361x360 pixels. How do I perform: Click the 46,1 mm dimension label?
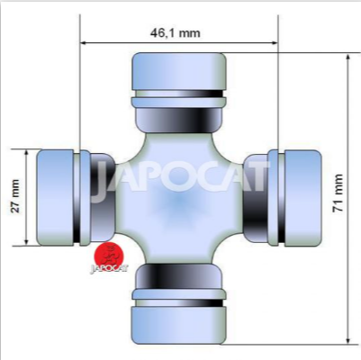[176, 32]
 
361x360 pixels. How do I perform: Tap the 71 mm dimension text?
[338, 193]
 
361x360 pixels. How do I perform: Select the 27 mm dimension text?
[15, 196]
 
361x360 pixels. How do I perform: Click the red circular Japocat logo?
[109, 255]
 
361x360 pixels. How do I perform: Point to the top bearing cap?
[179, 72]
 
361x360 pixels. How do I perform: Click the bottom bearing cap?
[179, 325]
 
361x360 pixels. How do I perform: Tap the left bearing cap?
[55, 198]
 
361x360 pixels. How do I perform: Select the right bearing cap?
[302, 198]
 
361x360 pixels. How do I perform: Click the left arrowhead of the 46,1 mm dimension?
[84, 43]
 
